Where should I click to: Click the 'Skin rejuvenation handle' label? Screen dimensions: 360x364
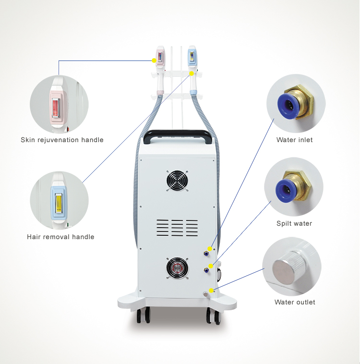click(x=62, y=140)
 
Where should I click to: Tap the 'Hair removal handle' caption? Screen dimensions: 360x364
click(x=60, y=237)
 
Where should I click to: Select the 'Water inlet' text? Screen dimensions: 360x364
click(x=295, y=140)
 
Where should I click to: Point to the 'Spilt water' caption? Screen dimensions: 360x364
click(x=294, y=223)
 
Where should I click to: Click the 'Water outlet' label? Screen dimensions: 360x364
click(x=295, y=302)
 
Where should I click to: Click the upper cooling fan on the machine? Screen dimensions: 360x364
click(x=177, y=181)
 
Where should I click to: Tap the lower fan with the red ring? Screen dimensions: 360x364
click(x=177, y=268)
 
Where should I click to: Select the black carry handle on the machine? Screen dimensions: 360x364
click(x=177, y=135)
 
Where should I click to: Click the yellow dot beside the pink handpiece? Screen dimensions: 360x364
click(x=154, y=61)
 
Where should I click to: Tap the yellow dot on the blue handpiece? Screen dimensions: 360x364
click(x=192, y=73)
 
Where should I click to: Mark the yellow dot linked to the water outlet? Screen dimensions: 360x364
click(x=211, y=291)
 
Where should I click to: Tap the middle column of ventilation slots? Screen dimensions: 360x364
click(x=177, y=228)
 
